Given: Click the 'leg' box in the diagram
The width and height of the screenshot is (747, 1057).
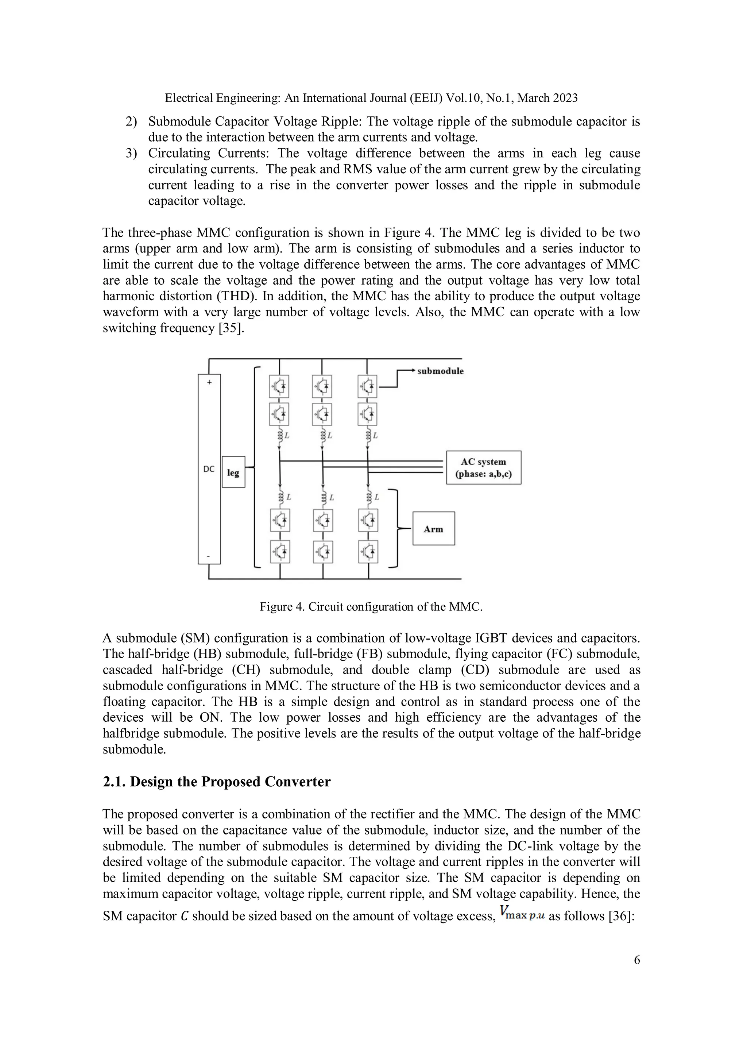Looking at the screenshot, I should click(x=233, y=472).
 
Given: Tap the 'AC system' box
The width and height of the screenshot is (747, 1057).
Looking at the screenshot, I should click(x=483, y=467).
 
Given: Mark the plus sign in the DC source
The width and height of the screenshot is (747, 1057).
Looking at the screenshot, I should click(x=209, y=382).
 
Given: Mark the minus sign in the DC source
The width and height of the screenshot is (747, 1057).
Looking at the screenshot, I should click(x=209, y=556).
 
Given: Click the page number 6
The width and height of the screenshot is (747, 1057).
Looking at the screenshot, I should click(x=636, y=960).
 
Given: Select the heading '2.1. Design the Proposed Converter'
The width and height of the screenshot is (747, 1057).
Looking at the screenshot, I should click(x=216, y=782).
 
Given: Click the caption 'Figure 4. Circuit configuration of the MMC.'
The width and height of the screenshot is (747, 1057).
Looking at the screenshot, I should click(x=371, y=606).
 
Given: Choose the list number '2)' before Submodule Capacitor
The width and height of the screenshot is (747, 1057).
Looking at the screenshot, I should click(x=131, y=121).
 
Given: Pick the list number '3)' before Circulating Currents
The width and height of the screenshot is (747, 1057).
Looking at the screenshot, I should click(x=131, y=153).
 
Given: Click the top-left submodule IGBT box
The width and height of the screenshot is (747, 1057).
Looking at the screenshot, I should click(x=279, y=387).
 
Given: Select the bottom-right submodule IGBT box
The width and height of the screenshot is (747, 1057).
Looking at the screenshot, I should click(x=368, y=552).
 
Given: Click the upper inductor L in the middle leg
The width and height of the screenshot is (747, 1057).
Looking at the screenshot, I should click(x=323, y=435).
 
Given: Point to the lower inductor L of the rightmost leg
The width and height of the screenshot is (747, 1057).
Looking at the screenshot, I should click(x=369, y=497).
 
